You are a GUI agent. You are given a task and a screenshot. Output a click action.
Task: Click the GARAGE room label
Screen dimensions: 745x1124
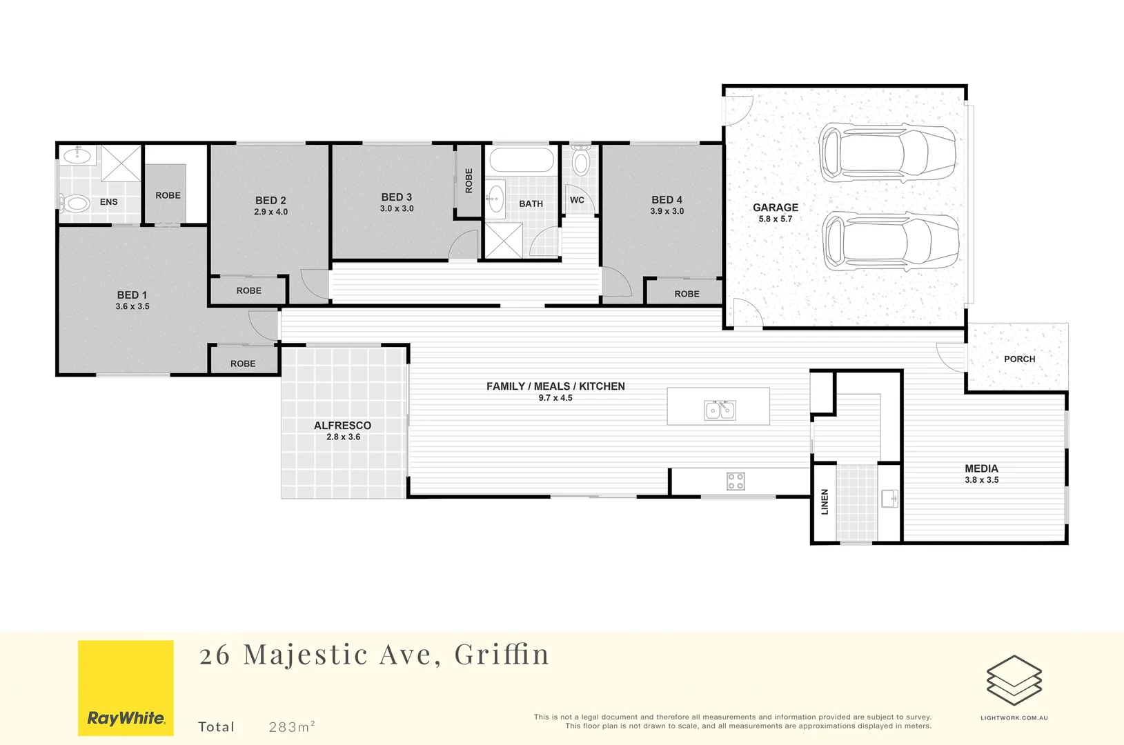[x=775, y=208]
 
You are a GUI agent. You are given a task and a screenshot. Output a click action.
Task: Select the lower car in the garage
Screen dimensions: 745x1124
[x=890, y=241]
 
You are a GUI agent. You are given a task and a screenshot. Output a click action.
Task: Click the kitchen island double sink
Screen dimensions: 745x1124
[x=720, y=410]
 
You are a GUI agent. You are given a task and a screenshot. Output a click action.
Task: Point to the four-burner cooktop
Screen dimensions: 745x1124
[x=736, y=481]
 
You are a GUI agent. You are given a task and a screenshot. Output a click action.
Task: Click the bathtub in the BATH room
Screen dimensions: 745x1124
[x=522, y=160]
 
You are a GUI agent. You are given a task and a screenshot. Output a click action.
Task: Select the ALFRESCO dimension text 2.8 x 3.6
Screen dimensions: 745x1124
[x=343, y=437]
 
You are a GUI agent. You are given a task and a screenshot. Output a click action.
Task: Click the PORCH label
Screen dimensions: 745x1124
[x=1019, y=359]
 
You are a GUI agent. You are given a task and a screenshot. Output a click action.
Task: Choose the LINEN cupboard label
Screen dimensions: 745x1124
[x=825, y=501]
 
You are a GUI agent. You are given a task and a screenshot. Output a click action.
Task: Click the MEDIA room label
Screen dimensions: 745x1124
[x=981, y=468]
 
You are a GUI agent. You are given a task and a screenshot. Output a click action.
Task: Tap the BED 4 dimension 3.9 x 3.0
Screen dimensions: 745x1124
[x=667, y=212]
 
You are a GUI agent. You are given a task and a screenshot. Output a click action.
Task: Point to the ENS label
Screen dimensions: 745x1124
[x=109, y=202]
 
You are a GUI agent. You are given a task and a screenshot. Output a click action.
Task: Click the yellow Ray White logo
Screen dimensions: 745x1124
[x=126, y=688]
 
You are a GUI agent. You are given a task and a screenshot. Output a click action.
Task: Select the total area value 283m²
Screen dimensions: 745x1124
[x=292, y=726]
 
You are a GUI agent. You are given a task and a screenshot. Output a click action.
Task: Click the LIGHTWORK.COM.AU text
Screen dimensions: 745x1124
[x=1014, y=718]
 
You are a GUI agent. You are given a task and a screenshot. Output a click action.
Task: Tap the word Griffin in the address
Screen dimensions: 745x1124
[x=502, y=655]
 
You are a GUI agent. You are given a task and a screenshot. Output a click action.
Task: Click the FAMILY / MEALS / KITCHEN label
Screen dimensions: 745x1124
[x=555, y=386]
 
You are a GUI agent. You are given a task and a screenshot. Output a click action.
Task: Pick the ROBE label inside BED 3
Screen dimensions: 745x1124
[x=469, y=181]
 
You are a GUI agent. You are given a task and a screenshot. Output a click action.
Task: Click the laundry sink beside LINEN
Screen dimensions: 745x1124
[x=889, y=499]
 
